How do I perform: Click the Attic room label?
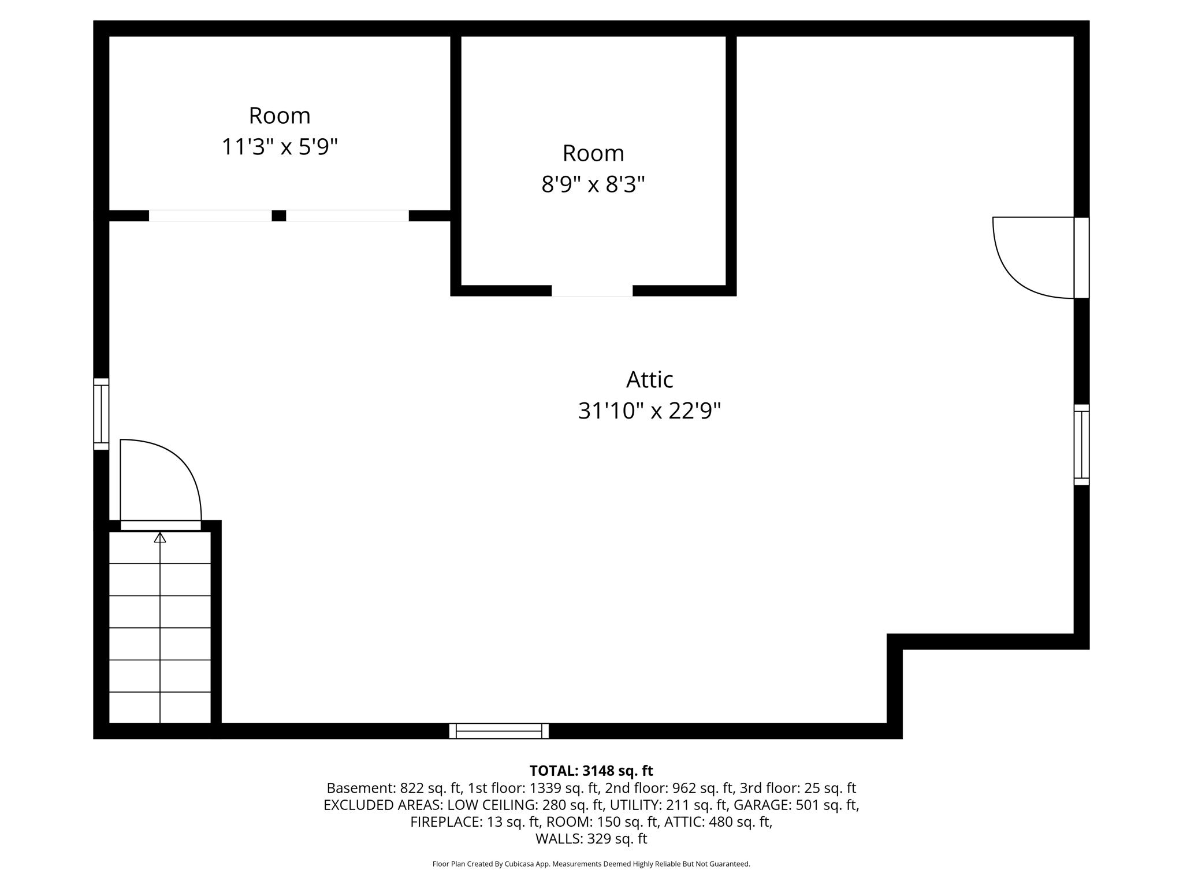[x=649, y=380]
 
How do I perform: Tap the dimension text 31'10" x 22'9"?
[x=649, y=412]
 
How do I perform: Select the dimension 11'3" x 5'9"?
[x=279, y=147]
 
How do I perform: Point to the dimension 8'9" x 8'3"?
[x=593, y=185]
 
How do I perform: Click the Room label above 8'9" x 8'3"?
[x=593, y=153]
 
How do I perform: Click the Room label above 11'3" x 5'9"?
[x=279, y=116]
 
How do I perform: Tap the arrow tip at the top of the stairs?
[x=160, y=538]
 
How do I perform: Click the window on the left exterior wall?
[x=101, y=414]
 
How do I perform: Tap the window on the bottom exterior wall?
[x=499, y=731]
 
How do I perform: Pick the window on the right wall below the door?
[x=1081, y=445]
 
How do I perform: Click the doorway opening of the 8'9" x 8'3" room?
[x=591, y=291]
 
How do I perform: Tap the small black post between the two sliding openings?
[x=278, y=216]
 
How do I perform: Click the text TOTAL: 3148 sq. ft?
[x=591, y=771]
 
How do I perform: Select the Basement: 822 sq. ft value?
[x=394, y=788]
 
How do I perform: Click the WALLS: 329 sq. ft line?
[x=591, y=838]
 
